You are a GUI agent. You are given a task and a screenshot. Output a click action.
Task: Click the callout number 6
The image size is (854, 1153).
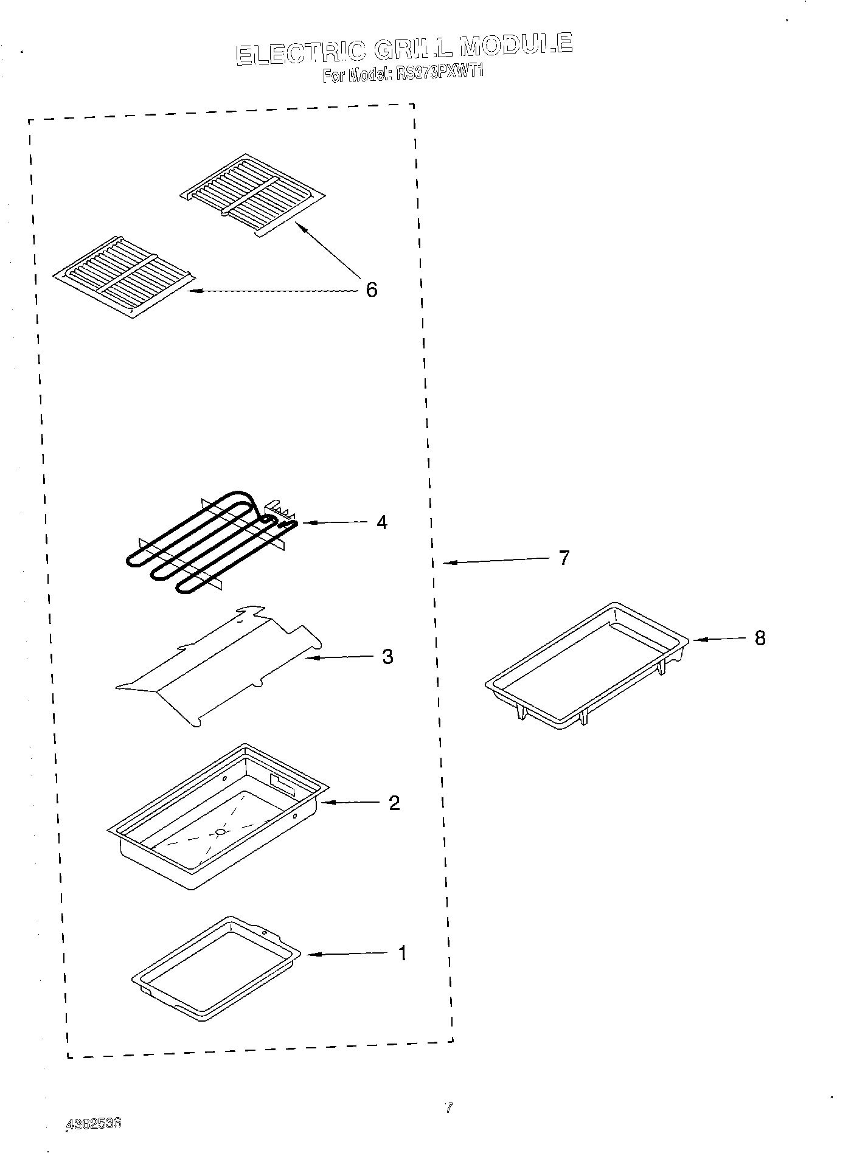(x=371, y=289)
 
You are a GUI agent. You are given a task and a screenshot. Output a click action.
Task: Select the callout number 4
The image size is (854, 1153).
(x=381, y=522)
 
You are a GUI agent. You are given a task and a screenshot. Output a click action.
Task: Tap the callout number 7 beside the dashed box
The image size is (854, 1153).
(x=564, y=557)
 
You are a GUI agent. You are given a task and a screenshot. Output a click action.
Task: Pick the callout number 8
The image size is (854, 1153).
(x=760, y=638)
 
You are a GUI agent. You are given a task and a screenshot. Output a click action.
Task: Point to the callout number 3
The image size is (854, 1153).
(x=387, y=657)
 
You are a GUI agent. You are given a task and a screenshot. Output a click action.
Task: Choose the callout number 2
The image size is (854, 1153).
(x=394, y=803)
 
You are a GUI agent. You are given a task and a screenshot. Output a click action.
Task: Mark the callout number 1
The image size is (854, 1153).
(x=401, y=953)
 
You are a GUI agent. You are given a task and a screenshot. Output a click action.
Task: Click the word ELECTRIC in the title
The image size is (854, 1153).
(x=300, y=53)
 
